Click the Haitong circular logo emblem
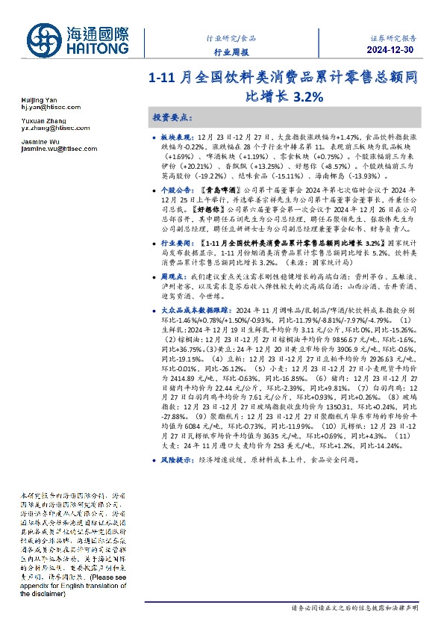[46, 40]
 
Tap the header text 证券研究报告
[394, 37]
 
